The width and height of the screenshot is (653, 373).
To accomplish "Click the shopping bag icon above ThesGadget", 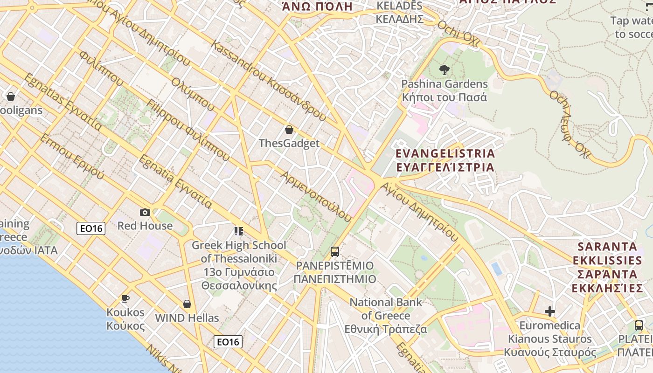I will (289, 130).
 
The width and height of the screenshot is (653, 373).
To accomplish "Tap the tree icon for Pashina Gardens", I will (444, 70).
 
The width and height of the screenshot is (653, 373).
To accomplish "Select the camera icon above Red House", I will (145, 213).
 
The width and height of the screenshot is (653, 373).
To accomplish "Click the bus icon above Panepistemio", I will (335, 252).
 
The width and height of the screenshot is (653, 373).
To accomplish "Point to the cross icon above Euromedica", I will (550, 311).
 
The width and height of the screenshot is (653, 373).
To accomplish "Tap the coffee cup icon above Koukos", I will (125, 298).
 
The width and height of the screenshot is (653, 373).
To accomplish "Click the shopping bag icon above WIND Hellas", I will (187, 304).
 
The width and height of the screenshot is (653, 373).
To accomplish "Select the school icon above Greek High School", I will (239, 231).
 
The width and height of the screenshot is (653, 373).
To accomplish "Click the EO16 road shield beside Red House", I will (91, 228).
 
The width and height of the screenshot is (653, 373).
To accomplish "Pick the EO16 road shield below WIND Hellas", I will (228, 342).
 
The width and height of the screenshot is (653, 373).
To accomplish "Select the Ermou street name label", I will (72, 157).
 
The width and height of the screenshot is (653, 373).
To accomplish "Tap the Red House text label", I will (145, 226).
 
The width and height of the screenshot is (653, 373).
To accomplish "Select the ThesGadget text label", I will (289, 143).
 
